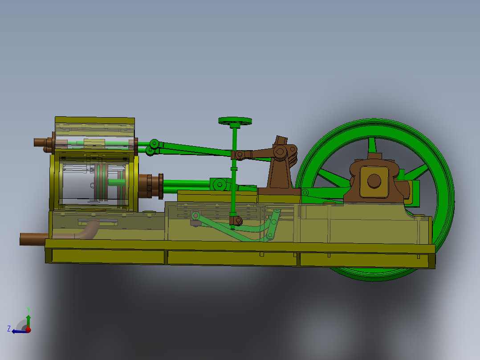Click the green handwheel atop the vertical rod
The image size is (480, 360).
(235, 121)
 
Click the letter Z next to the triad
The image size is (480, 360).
(9, 329)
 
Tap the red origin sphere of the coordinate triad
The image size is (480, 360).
(28, 330)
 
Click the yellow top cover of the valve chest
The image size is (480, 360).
(94, 120)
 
